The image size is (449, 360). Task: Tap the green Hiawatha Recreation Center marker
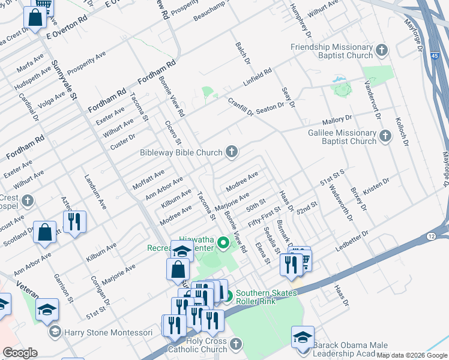click(x=223, y=243)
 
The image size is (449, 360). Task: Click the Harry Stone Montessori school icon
click(x=55, y=332)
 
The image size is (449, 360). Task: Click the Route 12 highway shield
click(x=432, y=238)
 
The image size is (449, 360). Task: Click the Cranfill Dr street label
click(x=241, y=109)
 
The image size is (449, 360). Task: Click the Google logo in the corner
click(x=20, y=353)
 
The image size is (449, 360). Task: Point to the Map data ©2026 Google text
click(x=412, y=355)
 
